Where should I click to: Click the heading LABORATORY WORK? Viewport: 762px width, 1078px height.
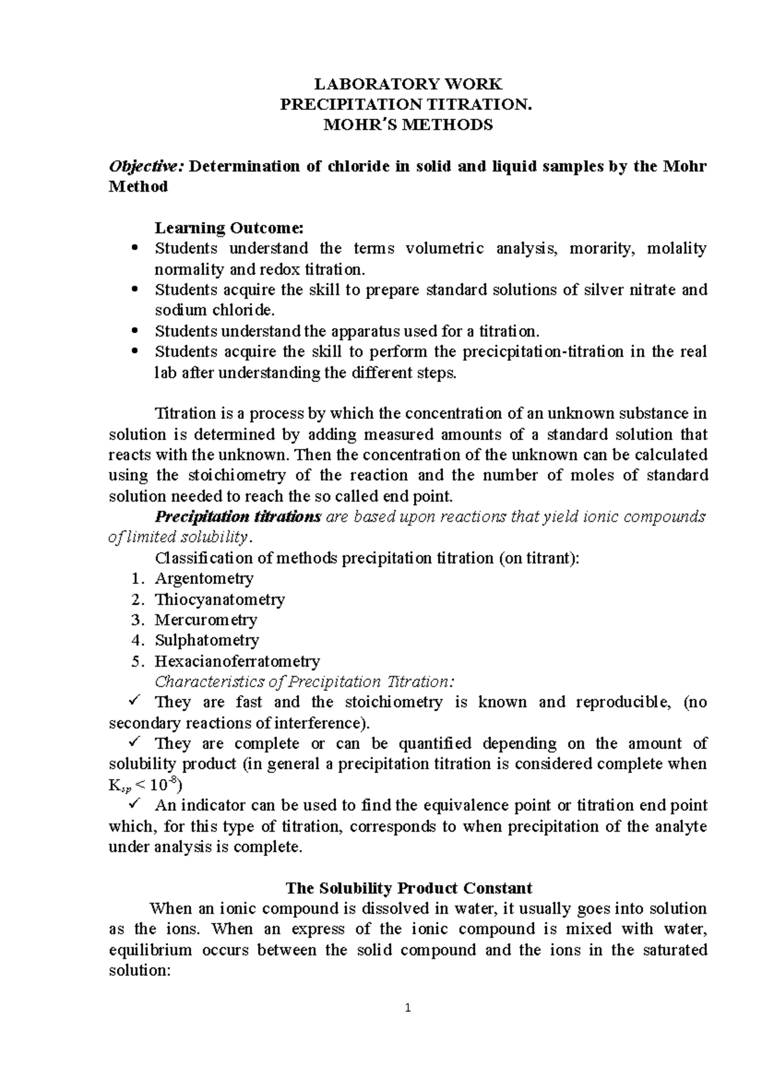point(408,84)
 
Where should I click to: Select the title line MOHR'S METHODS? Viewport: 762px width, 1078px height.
point(408,125)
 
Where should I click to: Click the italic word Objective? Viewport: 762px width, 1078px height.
point(147,166)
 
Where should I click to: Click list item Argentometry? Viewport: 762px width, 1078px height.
point(204,578)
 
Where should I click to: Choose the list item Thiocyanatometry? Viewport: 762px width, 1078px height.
point(220,599)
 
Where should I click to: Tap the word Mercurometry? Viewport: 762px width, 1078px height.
point(206,620)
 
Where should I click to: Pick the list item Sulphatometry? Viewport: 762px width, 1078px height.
point(207,640)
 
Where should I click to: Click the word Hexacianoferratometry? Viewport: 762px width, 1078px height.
point(237,661)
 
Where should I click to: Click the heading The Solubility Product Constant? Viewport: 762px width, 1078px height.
point(408,888)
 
